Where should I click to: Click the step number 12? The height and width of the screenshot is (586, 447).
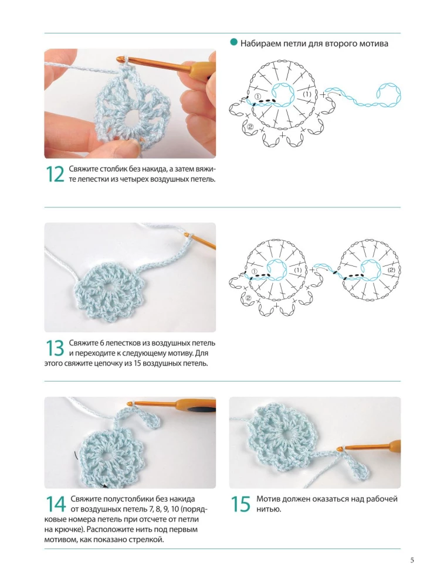pos(55,174)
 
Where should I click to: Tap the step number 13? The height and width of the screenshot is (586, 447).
pos(55,348)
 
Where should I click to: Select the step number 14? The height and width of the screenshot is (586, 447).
pos(55,504)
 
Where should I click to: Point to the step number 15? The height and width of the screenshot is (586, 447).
pos(240,504)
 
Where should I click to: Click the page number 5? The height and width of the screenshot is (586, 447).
pos(412,560)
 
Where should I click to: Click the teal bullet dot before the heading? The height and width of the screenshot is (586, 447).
pos(234,43)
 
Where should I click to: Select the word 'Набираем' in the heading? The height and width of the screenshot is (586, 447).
pos(257,43)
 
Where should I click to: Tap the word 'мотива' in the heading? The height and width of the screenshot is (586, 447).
pos(375,43)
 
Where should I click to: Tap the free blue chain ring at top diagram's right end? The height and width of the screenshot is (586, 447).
pos(389,94)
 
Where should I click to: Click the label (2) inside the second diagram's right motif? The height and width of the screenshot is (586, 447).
pos(392,270)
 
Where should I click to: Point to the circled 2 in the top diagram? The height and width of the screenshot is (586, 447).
pos(250,127)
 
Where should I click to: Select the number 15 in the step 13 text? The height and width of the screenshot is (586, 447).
pos(137,363)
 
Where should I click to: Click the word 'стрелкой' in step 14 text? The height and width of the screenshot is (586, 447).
pos(149,540)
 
